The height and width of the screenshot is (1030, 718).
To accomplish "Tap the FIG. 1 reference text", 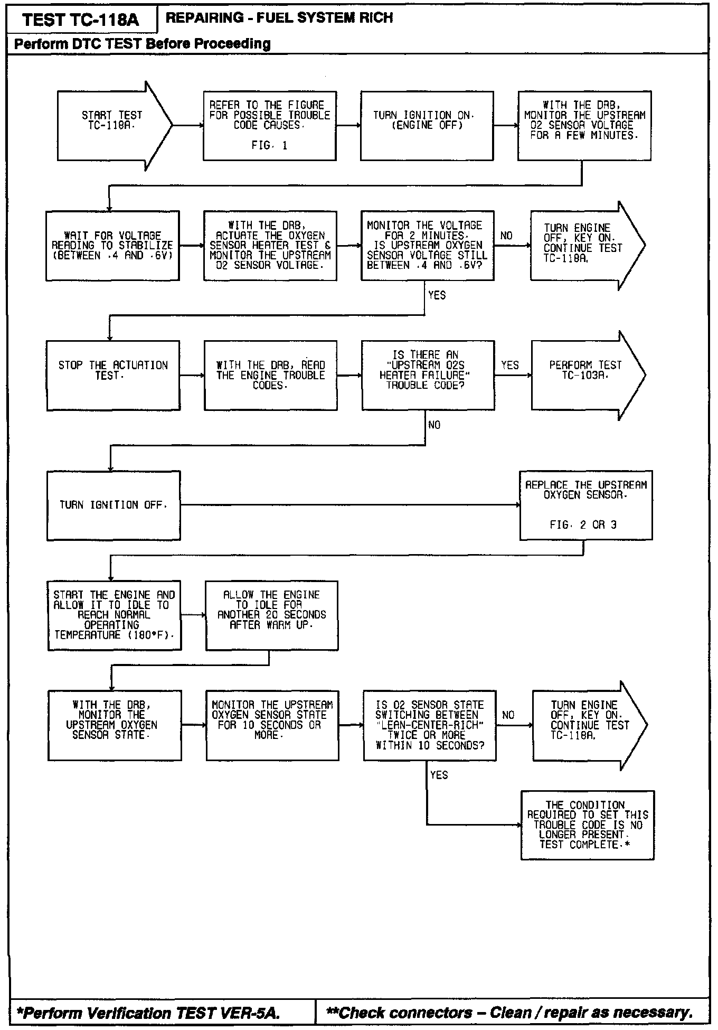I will click(269, 145).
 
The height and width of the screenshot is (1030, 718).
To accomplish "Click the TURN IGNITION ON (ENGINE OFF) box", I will click(427, 125).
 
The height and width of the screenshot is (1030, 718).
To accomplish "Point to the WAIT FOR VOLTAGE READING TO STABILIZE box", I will click(112, 246).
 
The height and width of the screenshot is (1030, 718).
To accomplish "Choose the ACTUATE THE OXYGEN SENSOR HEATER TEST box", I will click(270, 246).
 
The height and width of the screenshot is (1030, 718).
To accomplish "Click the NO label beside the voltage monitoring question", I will click(506, 236).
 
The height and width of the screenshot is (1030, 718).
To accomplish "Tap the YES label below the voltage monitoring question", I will click(437, 295).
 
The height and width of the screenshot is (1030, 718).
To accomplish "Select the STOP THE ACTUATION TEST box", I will click(113, 375).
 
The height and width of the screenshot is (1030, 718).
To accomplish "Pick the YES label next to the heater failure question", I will click(509, 365).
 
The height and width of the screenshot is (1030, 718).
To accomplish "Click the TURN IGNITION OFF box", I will click(113, 505).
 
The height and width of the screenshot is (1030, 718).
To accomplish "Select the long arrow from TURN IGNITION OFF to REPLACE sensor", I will click(348, 505).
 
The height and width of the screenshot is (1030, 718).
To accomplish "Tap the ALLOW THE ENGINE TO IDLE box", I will click(271, 615).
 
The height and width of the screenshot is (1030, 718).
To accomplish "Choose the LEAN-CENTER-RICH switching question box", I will click(429, 725).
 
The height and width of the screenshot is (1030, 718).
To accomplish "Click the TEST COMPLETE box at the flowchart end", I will click(587, 825).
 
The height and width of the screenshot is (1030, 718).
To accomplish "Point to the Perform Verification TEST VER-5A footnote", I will click(148, 1013).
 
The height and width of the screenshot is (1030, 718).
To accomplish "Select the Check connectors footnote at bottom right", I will click(509, 1013).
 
